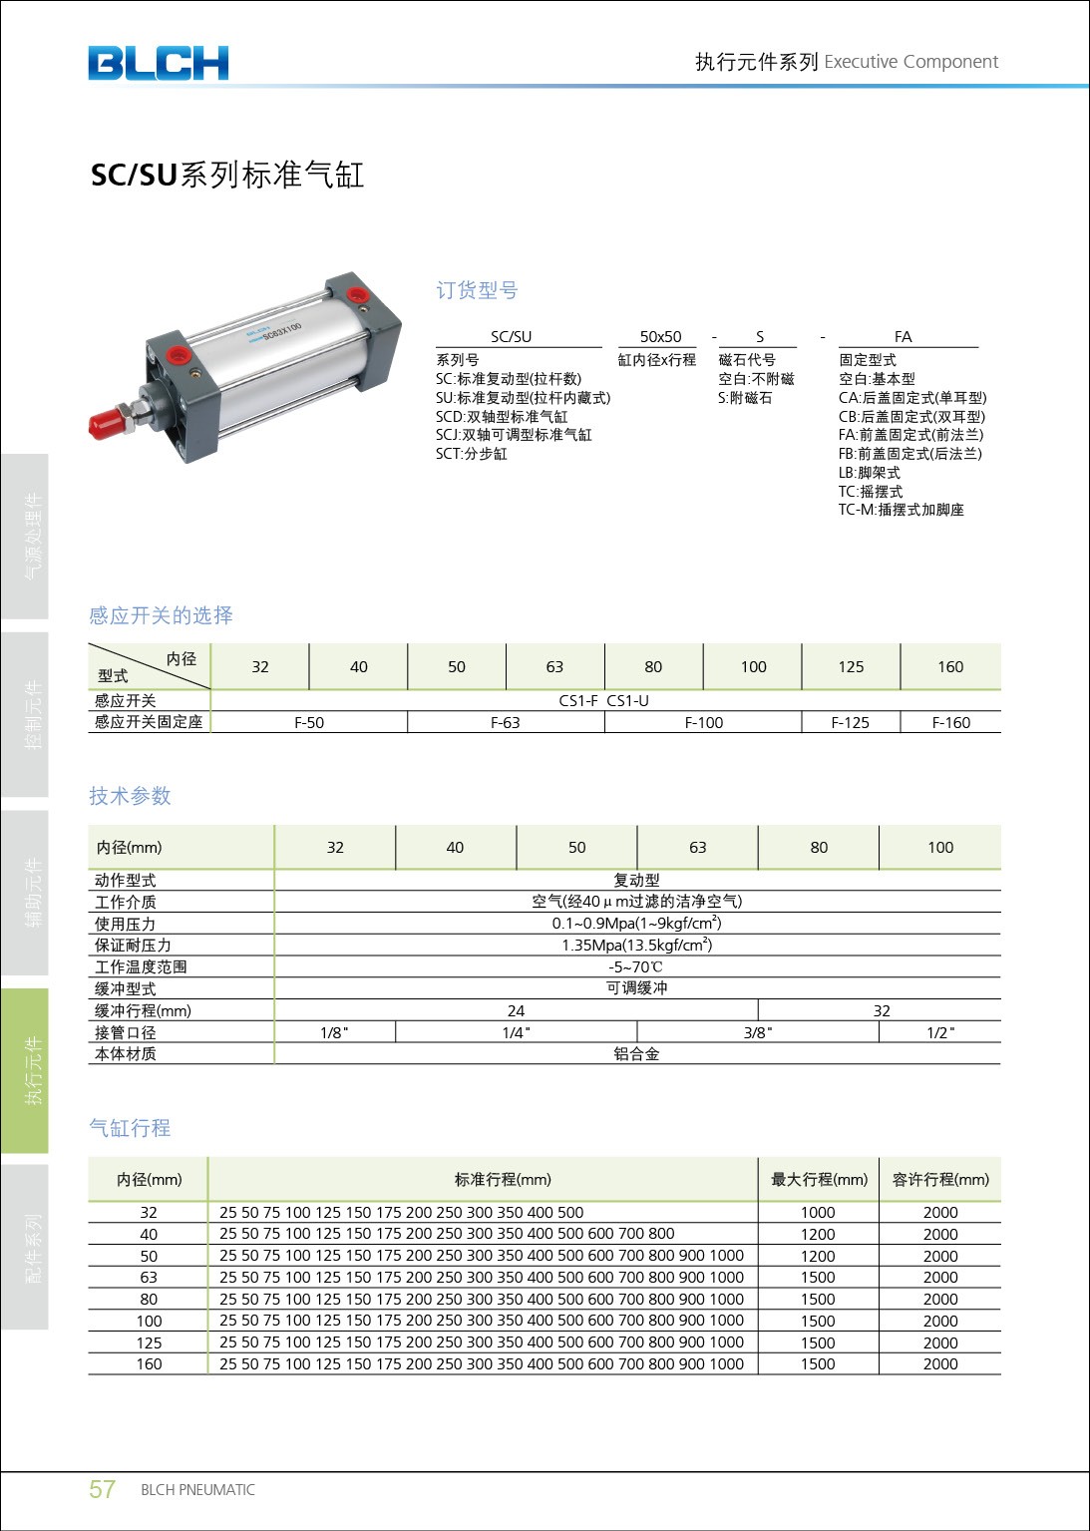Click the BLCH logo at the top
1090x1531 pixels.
158,63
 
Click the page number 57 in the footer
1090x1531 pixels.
102,1489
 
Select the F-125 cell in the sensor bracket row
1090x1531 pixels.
850,722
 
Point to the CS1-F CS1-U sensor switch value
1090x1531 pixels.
603,700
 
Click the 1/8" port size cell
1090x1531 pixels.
334,1032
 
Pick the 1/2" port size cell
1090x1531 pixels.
939,1032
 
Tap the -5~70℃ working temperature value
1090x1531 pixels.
635,966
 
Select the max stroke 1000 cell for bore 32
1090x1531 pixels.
817,1212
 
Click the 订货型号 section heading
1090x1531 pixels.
477,290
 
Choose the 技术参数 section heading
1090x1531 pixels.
130,796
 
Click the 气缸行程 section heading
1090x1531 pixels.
130,1128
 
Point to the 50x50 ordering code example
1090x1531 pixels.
660,337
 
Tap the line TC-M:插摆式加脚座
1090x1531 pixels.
901,510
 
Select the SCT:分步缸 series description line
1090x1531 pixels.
471,454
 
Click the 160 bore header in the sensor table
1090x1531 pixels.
949,666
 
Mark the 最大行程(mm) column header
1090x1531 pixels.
819,1179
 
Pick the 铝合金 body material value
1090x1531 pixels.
636,1053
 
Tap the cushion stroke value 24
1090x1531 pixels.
516,1010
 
